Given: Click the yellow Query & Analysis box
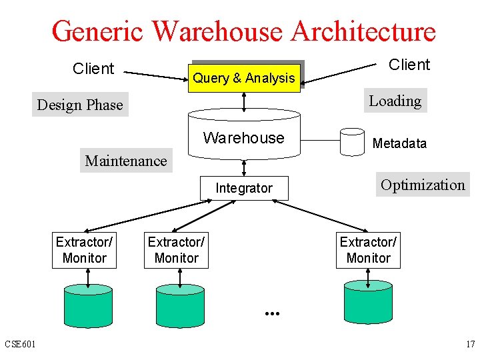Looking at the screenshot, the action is pos(244,78).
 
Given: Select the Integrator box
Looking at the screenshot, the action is pos(244,188).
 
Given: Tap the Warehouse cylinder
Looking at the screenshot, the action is pos(244,134).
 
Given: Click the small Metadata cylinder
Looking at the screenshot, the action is pos(352,142).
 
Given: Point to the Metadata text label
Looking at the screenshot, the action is pos(399,143).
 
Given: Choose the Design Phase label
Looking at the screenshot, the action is pos(80,105).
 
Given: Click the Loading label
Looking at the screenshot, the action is pos(395,101).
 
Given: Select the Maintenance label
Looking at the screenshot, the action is pos(126,161).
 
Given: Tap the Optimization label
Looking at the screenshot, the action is pos(423,184).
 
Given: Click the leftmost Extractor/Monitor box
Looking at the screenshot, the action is pos(84,250).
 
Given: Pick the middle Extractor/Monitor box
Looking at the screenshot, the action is pos(176,250).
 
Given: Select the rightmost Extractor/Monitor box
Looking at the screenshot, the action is pos(368,250).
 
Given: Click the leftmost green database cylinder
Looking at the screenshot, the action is pos(88,306).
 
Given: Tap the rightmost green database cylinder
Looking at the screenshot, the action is pos(368,303).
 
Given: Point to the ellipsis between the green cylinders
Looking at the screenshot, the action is pos(272,313).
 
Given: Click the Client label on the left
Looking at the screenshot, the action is pos(93,68).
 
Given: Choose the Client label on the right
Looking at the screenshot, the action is pos(409,65).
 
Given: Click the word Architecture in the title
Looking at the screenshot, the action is pos(363,31).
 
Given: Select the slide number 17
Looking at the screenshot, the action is pos(471,344).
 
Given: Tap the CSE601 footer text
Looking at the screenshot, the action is pos(20,344).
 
